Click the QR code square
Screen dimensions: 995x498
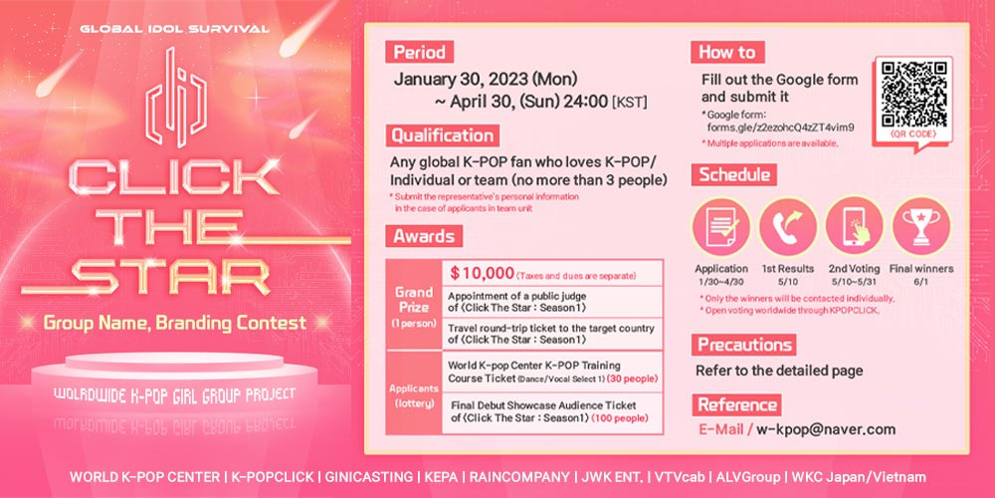pyautogui.click(x=913, y=94)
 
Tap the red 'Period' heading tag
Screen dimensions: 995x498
pyautogui.click(x=420, y=52)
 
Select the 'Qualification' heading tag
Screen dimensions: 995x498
pyautogui.click(x=443, y=135)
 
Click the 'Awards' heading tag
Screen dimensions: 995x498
pyautogui.click(x=424, y=236)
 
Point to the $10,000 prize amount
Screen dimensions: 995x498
pyautogui.click(x=482, y=273)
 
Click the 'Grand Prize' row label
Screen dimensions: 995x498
pyautogui.click(x=414, y=304)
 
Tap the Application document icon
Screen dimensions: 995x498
pyautogui.click(x=720, y=226)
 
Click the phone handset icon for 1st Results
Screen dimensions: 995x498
pyautogui.click(x=787, y=226)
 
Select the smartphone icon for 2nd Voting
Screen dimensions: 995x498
pyautogui.click(x=854, y=226)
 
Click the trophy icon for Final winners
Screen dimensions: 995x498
pyautogui.click(x=920, y=226)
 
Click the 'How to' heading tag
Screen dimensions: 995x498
pyautogui.click(x=728, y=52)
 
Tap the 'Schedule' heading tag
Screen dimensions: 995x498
pyautogui.click(x=734, y=174)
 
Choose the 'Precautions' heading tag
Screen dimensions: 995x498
pyautogui.click(x=743, y=345)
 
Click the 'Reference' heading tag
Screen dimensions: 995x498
pyautogui.click(x=736, y=404)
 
